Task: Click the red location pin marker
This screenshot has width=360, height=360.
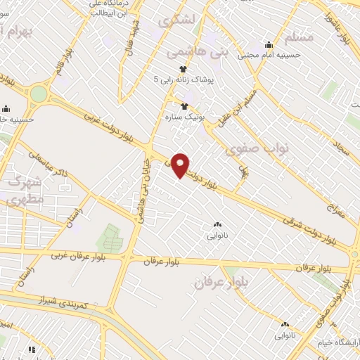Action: (181, 165)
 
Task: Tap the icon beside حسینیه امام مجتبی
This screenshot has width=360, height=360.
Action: (269, 45)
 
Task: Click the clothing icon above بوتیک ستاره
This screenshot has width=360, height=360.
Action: (184, 107)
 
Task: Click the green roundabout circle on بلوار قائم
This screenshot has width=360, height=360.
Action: (39, 94)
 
